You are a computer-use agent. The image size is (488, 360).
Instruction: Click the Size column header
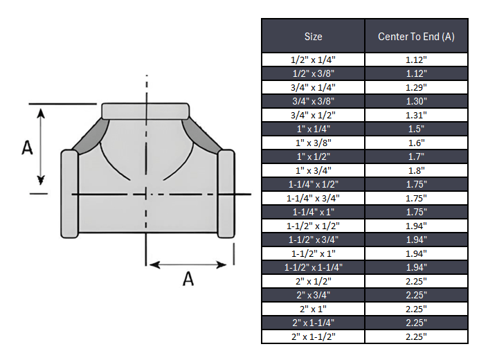(x=313, y=37)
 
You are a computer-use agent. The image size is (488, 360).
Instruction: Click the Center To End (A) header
(x=416, y=37)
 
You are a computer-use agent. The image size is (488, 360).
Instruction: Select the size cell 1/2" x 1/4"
(x=313, y=60)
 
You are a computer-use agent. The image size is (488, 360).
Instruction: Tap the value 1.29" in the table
(x=416, y=87)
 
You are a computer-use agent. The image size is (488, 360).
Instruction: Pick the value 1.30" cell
(x=416, y=101)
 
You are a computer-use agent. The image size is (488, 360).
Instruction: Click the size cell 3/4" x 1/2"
(x=313, y=115)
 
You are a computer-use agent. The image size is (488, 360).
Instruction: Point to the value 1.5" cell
(x=416, y=129)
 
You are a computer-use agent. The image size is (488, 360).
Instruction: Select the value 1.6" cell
(x=416, y=143)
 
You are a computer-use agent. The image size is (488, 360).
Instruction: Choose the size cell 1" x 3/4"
(x=313, y=170)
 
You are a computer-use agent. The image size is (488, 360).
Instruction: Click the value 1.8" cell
(x=416, y=170)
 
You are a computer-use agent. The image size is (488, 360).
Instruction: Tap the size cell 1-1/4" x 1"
(x=313, y=212)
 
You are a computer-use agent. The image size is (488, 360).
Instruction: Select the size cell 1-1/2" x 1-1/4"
(x=313, y=267)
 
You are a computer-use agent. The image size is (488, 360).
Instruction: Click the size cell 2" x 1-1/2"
(x=313, y=336)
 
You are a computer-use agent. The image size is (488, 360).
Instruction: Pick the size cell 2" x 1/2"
(x=313, y=281)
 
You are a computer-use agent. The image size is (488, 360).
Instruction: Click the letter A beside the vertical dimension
(x=27, y=147)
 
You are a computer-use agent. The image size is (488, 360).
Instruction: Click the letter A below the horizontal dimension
(x=188, y=278)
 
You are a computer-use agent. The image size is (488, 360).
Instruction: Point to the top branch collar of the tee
(x=145, y=111)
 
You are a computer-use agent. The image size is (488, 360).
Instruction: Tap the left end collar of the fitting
(x=69, y=193)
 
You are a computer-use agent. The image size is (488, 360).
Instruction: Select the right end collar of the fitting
(x=226, y=193)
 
